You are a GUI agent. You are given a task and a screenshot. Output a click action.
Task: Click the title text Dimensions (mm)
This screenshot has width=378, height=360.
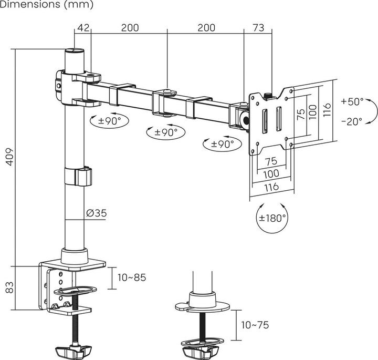tap(47, 5)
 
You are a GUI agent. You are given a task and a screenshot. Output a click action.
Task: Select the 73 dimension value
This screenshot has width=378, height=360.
tap(258, 28)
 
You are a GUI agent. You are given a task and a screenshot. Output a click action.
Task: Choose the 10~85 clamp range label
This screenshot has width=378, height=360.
tap(132, 277)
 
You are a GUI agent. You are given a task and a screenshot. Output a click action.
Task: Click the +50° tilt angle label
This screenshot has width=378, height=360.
tap(352, 101)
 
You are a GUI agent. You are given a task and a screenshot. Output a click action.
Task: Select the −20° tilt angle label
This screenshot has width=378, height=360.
tap(352, 121)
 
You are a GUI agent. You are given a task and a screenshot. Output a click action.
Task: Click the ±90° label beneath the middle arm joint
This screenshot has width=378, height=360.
tap(163, 132)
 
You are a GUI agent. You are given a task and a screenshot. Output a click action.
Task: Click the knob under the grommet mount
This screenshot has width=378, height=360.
tap(201, 347)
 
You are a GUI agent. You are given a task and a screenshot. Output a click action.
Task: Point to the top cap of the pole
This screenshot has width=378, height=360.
tap(74, 53)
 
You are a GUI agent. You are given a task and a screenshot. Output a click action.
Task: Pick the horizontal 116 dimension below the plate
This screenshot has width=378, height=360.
tap(271, 187)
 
